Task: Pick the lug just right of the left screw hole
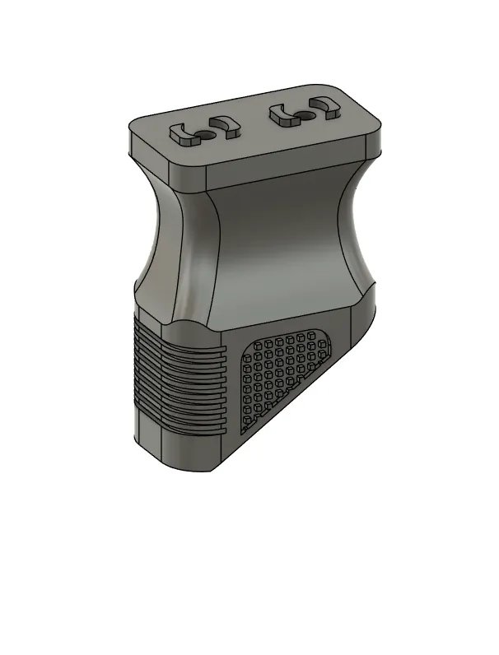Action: click(223, 128)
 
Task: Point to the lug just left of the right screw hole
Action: click(282, 116)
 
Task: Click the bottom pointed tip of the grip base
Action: click(212, 471)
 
